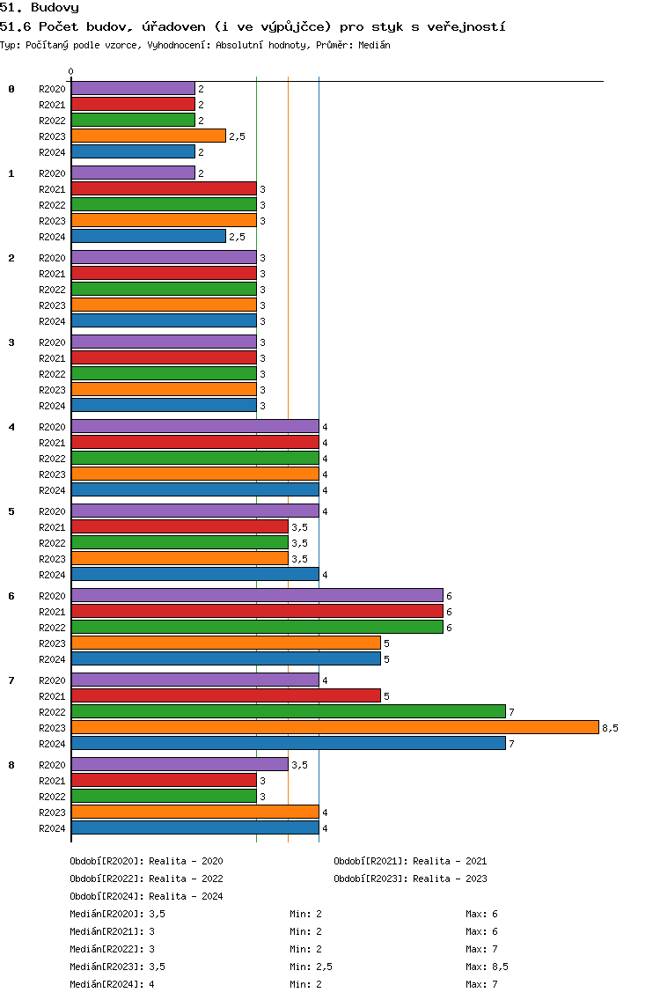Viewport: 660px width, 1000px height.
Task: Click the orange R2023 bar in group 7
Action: pos(335,728)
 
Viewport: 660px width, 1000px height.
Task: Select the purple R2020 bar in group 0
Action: pos(133,89)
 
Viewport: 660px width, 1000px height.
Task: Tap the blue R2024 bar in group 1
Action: pos(149,237)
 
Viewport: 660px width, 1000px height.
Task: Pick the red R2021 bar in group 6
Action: pos(257,612)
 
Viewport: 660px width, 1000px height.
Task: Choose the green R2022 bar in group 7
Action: pos(289,712)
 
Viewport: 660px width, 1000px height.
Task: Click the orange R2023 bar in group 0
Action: pos(149,136)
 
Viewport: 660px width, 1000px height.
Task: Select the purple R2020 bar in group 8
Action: pos(180,765)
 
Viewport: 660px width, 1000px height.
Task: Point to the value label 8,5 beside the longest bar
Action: pos(610,728)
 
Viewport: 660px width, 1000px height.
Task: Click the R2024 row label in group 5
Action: pos(52,575)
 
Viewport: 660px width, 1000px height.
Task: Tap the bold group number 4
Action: pos(11,427)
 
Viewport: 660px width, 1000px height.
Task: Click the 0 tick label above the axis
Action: pos(70,71)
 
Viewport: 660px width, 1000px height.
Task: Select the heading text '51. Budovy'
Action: pos(40,8)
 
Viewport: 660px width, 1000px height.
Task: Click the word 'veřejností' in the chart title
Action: pos(466,26)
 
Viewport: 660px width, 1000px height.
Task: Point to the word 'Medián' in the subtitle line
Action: pos(374,45)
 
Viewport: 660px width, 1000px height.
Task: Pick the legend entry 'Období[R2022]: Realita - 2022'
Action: pos(146,879)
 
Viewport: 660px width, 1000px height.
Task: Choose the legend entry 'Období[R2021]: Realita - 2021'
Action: pos(410,861)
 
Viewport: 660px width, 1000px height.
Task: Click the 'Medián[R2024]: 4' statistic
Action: pos(112,984)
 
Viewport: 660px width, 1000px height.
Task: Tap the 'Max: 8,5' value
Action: pos(487,967)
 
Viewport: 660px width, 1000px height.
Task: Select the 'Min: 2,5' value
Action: pos(311,967)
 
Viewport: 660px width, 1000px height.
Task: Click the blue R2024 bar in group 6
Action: pos(226,659)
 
